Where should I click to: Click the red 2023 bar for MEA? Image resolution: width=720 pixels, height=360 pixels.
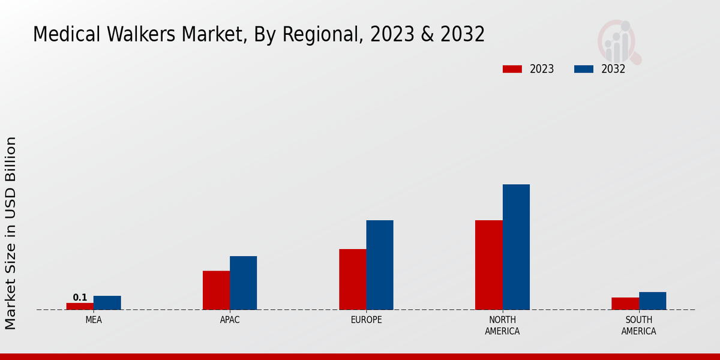(80, 306)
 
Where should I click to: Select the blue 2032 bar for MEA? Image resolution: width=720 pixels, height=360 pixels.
(107, 302)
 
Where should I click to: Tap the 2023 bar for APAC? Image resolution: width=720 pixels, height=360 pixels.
(216, 290)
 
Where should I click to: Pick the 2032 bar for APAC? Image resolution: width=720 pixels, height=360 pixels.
(243, 283)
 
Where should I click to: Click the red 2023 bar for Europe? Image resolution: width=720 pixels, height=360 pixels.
(352, 279)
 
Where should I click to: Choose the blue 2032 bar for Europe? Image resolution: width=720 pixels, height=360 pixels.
(380, 265)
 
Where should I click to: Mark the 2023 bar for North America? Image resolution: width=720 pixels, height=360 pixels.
(488, 265)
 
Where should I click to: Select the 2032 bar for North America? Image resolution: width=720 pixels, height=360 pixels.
(516, 247)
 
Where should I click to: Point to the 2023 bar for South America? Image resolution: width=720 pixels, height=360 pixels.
(625, 304)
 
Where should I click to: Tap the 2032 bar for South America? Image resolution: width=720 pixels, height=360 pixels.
(652, 301)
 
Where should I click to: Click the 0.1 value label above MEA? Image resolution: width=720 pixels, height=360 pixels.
(80, 298)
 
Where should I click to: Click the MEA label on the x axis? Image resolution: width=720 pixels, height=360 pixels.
(94, 320)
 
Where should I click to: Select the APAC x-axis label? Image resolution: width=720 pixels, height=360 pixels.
(230, 320)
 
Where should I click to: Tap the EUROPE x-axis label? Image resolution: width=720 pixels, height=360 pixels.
(366, 320)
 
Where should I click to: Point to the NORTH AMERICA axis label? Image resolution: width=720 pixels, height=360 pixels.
(502, 325)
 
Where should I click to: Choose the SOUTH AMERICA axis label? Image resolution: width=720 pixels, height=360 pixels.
(638, 325)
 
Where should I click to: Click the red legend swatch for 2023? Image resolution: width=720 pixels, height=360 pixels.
(512, 69)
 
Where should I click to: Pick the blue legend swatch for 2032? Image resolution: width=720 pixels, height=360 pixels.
(583, 69)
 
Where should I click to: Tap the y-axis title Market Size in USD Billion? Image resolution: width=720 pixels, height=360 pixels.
(11, 233)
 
